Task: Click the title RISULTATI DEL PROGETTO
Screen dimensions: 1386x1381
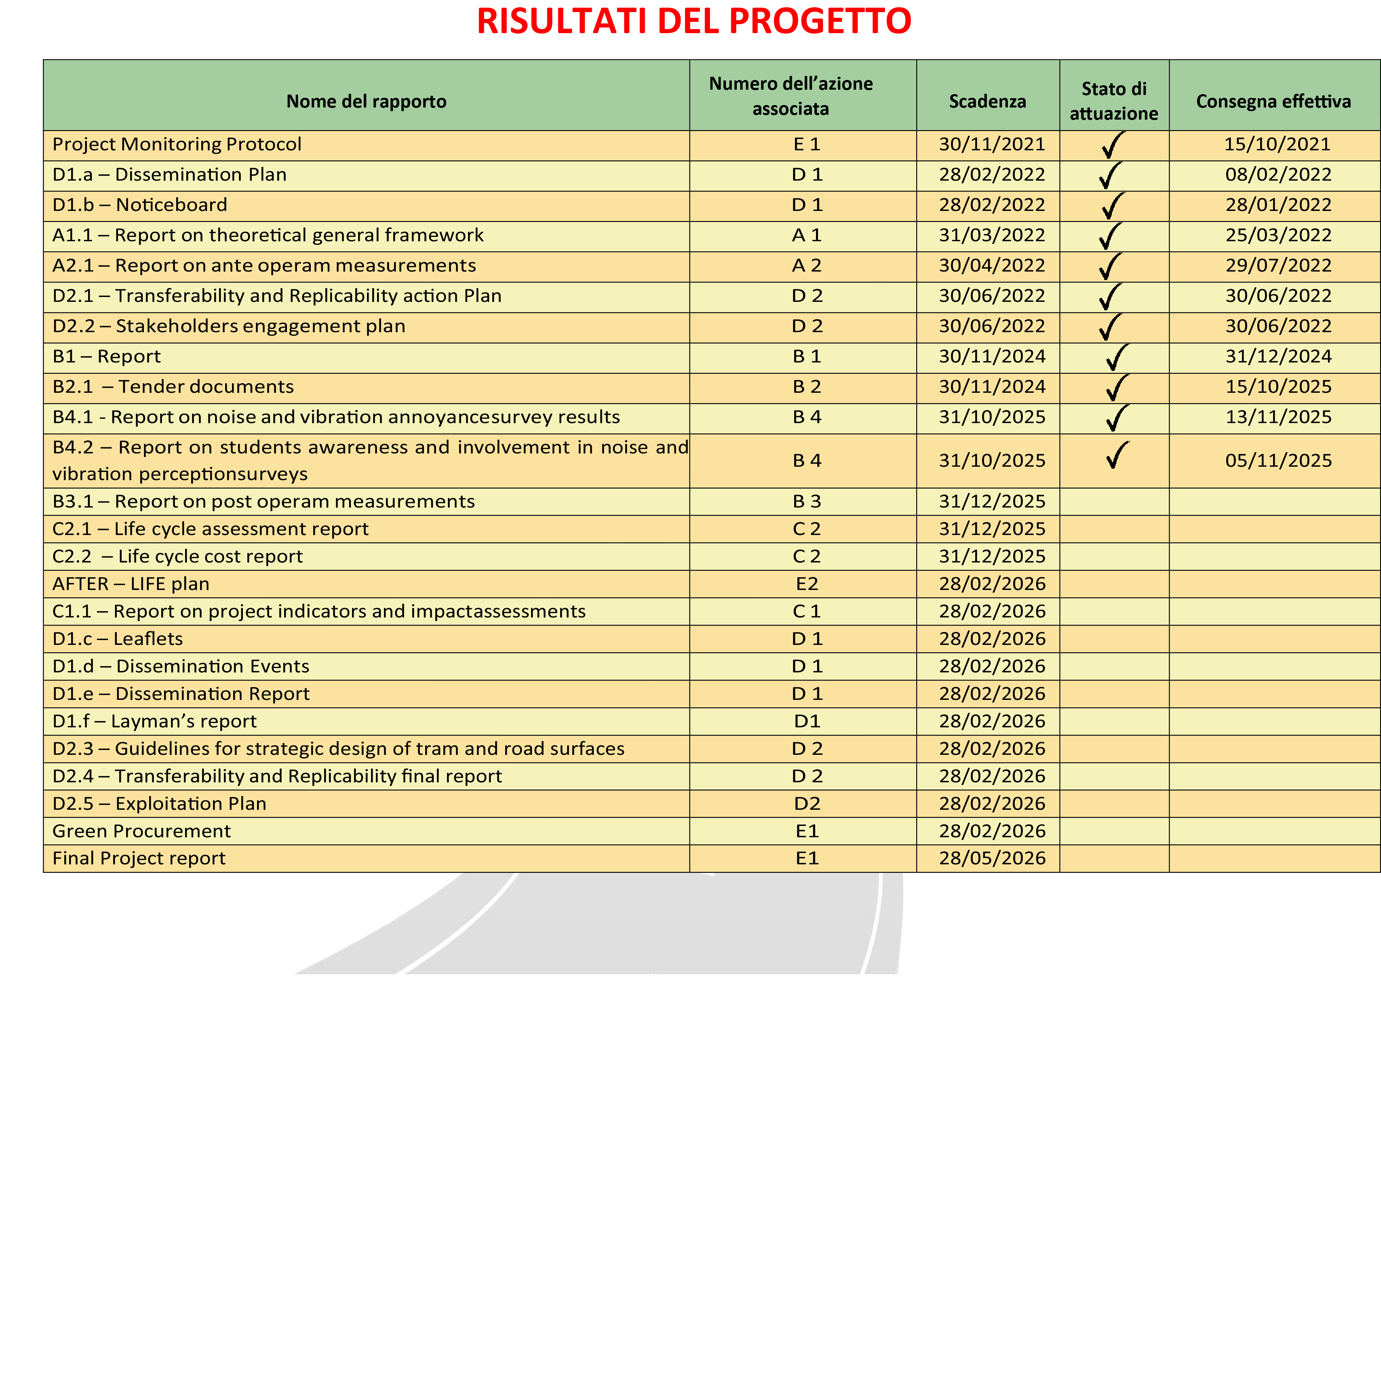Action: (693, 21)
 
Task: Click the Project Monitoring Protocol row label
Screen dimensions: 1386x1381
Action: (177, 144)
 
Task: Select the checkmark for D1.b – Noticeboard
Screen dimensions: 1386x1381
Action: (1112, 206)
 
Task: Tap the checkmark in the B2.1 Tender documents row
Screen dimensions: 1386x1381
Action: (1116, 388)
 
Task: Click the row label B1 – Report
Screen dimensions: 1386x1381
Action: (106, 356)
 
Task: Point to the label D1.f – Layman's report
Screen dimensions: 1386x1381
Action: (154, 721)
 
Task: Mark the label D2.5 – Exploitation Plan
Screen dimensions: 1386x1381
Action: (159, 803)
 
